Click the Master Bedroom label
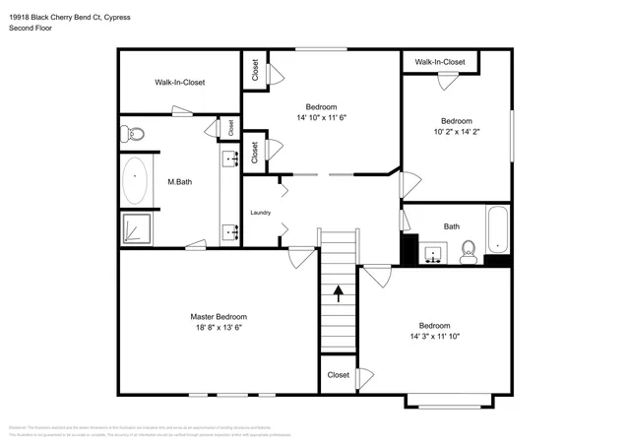coord(217,316)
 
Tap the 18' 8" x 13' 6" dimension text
coord(217,328)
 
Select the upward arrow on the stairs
coord(338,291)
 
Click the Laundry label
coord(260,213)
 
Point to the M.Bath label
coord(178,182)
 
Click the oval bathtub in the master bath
coord(135,182)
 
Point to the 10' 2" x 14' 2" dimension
coord(456,133)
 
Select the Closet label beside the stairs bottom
coord(338,375)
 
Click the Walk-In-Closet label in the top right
coord(439,62)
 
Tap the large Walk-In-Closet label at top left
coord(179,83)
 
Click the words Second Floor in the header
coord(32,28)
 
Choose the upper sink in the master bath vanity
coord(233,157)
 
